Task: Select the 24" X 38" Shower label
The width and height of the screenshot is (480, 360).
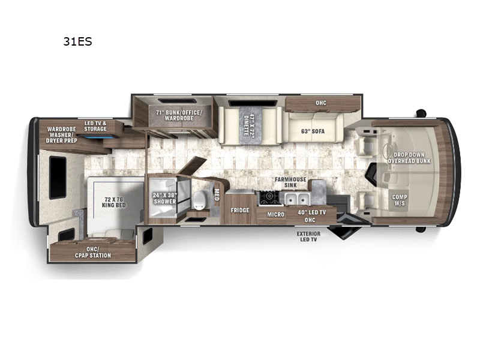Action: click(164, 197)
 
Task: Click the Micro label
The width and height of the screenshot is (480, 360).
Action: click(275, 214)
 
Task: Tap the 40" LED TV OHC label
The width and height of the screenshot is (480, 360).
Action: click(311, 214)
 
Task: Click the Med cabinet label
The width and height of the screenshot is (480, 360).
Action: click(217, 194)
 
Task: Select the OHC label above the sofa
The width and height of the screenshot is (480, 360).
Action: click(321, 103)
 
